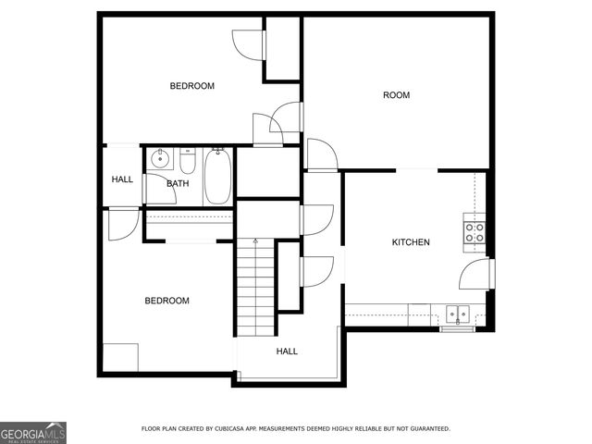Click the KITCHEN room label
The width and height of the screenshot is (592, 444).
point(411,242)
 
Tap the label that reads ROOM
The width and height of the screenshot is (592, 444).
point(397,95)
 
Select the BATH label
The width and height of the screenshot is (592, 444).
point(178,183)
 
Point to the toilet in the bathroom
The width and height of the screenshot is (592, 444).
point(188,164)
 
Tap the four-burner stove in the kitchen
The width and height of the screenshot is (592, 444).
point(475,231)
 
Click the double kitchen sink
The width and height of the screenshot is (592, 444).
point(457,312)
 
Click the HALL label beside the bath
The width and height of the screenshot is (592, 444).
point(122,179)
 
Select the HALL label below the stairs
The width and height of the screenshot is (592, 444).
point(287,351)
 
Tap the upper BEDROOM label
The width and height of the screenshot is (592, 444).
point(191,86)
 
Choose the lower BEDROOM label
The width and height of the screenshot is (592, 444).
point(166,301)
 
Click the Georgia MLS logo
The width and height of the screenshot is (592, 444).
point(33,432)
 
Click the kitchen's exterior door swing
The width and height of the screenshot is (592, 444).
point(475,274)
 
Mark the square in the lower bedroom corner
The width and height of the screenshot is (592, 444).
point(119,357)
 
